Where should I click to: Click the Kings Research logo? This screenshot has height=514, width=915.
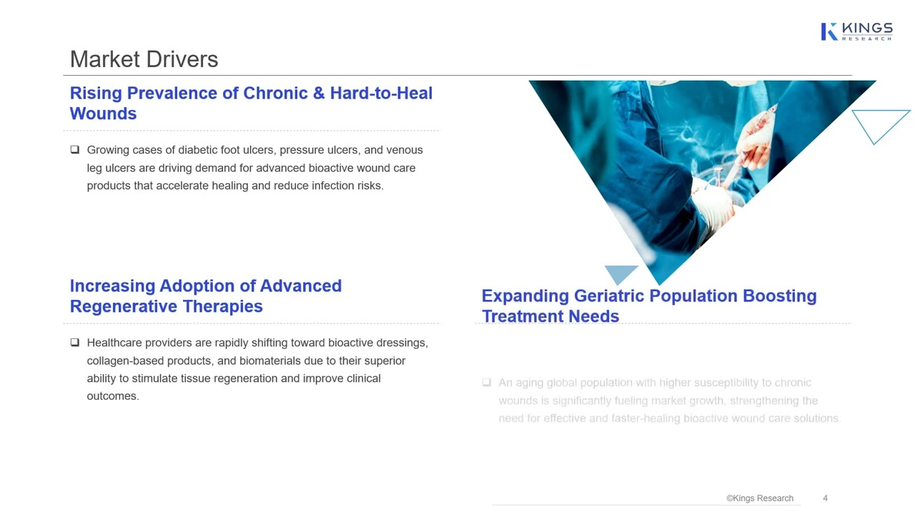pos(856,31)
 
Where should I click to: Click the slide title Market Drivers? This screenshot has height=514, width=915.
pos(144,59)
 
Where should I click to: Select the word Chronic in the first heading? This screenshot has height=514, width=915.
pos(274,94)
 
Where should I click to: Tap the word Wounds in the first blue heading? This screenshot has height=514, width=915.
pos(103,114)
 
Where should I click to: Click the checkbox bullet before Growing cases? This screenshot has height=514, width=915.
pos(75,150)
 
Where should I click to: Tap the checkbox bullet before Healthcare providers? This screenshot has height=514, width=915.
pos(75,343)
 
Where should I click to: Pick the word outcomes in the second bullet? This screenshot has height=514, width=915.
pos(112,396)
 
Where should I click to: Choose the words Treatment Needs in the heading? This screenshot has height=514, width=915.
pos(550,316)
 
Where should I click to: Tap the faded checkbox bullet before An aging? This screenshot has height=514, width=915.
pos(487,383)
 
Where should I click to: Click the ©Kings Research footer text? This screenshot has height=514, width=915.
pos(759,498)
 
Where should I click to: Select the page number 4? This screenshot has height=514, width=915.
pos(825,498)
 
